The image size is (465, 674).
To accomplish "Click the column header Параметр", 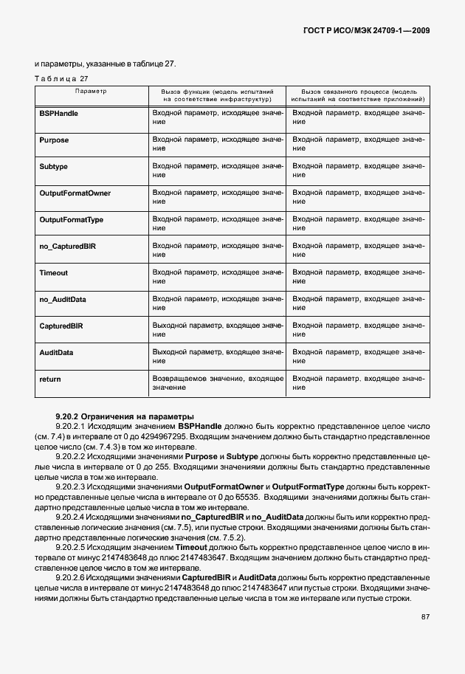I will coord(91,91).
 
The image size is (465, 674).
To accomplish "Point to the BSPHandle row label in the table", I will coord(59,114).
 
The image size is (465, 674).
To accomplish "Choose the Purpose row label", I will coord(54,140).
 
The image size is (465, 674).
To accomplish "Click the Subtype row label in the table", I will coord(53,167).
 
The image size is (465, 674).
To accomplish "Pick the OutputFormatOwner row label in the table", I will coord(75,193).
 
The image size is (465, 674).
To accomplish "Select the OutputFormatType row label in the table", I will coord(72,220).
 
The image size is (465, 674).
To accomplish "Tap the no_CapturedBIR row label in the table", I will coord(66,247).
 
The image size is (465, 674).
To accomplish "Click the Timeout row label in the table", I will coord(53,273).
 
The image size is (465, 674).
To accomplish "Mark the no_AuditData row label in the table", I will coord(63,300).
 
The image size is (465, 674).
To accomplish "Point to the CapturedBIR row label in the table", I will coord(61,326).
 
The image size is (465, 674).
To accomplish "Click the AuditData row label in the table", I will coord(56,353).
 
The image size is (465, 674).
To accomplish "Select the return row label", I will coord(50,379).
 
